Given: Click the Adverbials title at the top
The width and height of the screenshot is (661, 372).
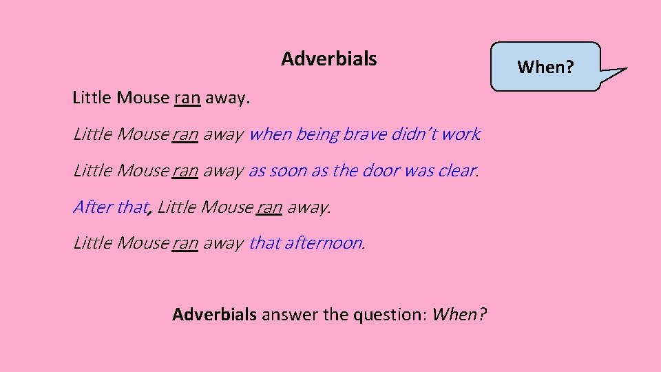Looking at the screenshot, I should point(328,59).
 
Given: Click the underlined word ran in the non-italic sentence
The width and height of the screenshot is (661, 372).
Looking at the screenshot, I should point(187,98).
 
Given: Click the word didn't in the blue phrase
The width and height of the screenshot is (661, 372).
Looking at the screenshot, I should point(414,134).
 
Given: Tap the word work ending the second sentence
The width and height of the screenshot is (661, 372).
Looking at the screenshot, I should point(461,134).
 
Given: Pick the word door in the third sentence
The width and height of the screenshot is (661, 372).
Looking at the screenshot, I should point(377,171).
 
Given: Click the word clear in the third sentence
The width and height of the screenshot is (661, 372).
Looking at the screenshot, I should point(455,171).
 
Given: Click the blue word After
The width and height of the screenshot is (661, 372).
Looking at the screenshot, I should point(92,207).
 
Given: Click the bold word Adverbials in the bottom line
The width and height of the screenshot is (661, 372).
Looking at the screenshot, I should point(214,315).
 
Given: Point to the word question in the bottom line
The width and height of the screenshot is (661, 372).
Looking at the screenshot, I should point(389,316).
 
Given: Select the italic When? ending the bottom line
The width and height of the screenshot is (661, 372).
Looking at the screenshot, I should point(459,315).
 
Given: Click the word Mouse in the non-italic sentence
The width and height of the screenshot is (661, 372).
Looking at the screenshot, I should point(143,98).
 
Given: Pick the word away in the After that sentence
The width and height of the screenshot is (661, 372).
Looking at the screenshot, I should point(308,207).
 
